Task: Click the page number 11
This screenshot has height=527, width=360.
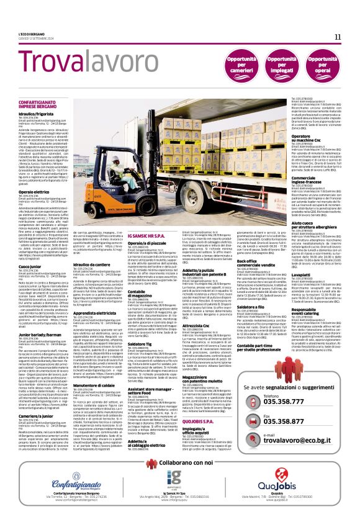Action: (x=338, y=37)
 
